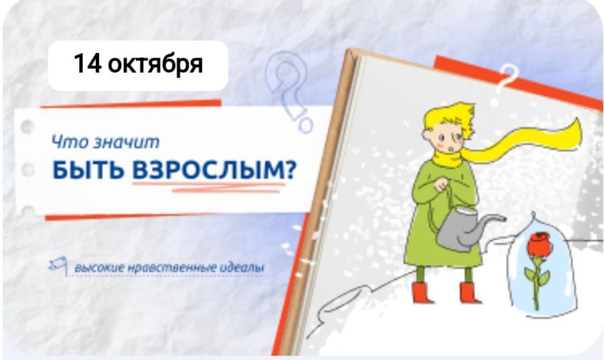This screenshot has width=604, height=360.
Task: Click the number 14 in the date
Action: pyautogui.click(x=87, y=64)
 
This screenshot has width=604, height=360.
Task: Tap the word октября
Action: pyautogui.click(x=155, y=65)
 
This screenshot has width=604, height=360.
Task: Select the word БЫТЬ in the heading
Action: pyautogui.click(x=88, y=170)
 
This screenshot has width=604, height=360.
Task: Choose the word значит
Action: pyautogui.click(x=126, y=142)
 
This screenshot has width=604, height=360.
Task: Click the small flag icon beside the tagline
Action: pyautogui.click(x=59, y=266)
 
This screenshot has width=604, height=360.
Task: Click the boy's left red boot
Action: pyautogui.click(x=422, y=292)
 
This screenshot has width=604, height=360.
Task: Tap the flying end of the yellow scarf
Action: pyautogui.click(x=565, y=133)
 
